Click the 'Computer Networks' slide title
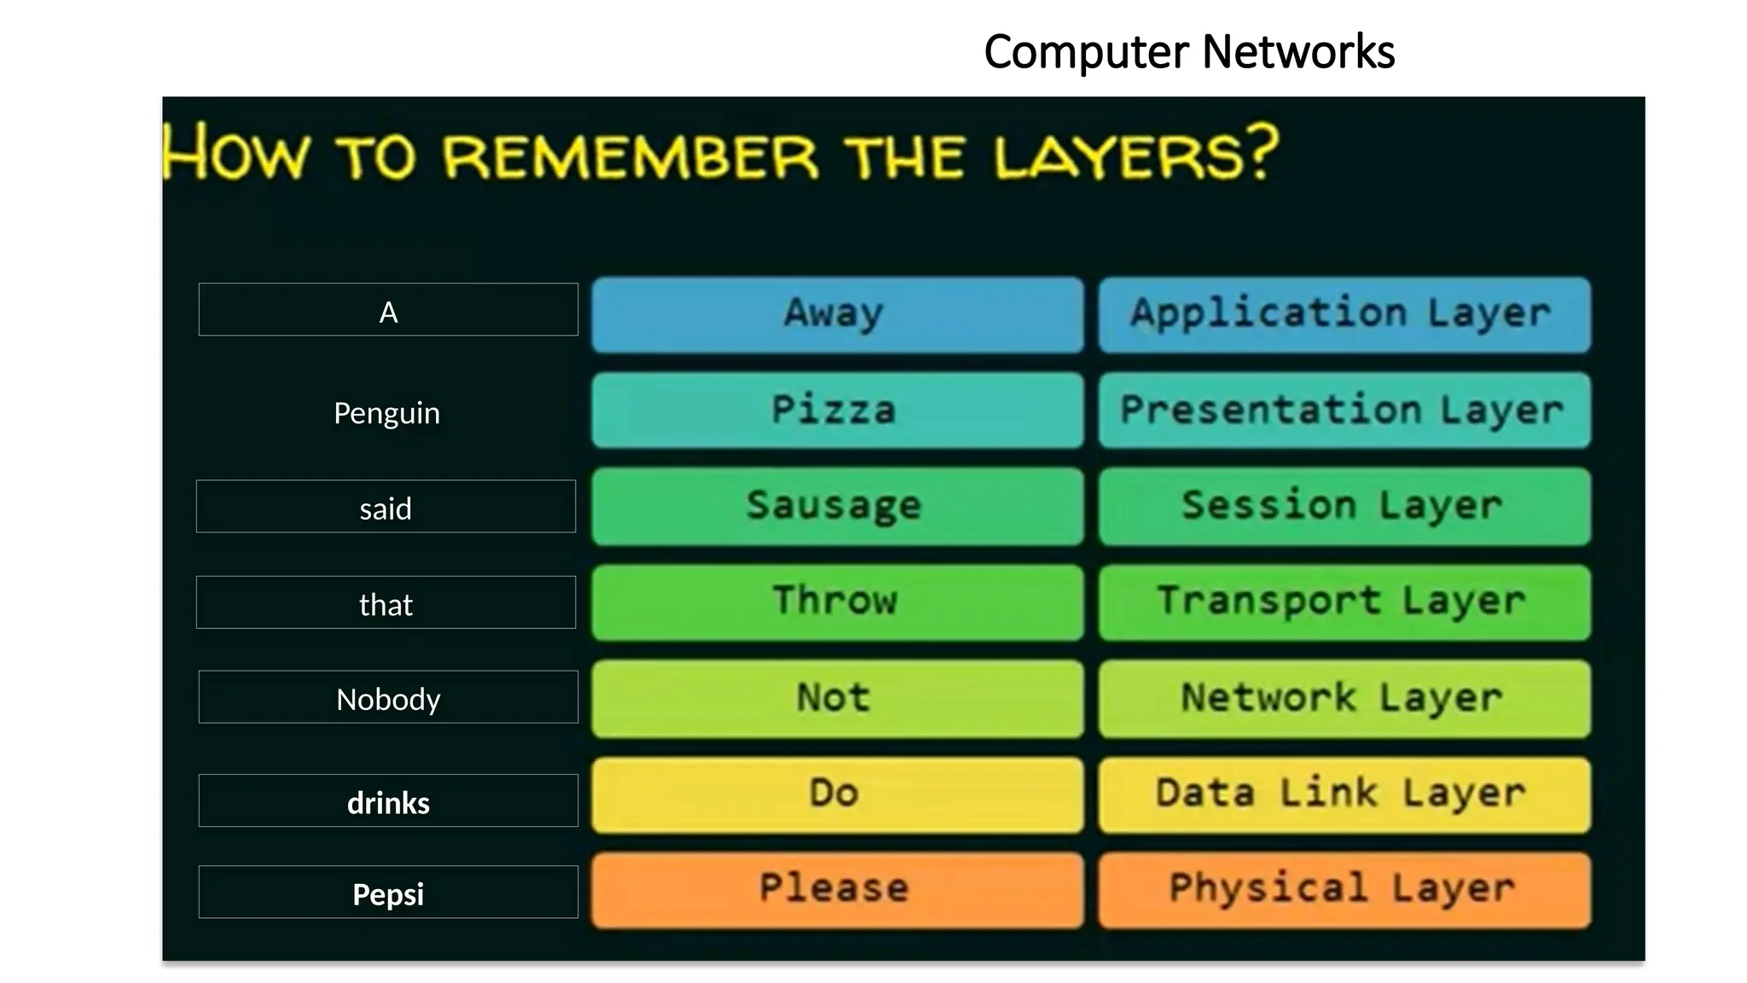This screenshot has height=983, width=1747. point(1188,51)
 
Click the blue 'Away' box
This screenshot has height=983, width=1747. point(837,314)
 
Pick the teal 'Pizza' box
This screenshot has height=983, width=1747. point(837,410)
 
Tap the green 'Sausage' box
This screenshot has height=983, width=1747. point(837,506)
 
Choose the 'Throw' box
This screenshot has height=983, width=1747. point(837,602)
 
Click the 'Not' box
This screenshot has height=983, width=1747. point(837,698)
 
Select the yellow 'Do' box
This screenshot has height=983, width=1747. point(837,794)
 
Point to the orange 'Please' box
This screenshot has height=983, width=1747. point(837,889)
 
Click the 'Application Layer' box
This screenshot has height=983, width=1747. point(1344,314)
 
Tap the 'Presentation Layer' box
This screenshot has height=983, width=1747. point(1344,410)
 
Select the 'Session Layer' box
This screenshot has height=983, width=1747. point(1344,506)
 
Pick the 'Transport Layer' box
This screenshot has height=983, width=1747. point(1344,602)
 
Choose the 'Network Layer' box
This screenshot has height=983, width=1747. point(1344,698)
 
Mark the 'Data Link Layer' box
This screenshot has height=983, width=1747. point(1344,794)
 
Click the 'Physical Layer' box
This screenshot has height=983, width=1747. point(1344,889)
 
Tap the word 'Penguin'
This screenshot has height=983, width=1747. point(386,413)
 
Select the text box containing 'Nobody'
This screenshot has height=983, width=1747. point(388,697)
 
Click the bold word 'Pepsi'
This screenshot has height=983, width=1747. point(388,893)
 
